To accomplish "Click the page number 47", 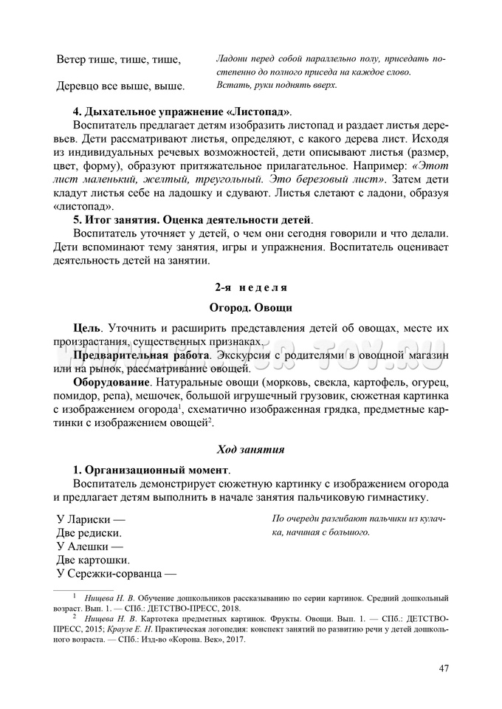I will coord(444,669).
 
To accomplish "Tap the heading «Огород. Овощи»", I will coord(250,306).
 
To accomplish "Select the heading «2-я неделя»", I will coord(250,286).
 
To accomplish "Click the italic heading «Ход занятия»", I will coord(250,448).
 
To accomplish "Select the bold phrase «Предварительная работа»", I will coord(140,355).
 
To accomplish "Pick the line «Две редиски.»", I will coord(89,532).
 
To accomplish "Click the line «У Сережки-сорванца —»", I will coord(117,574).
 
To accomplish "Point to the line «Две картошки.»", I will coord(94,561).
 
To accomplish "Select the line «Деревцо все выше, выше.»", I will coord(120,86).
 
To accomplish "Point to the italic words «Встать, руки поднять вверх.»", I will coord(277,85).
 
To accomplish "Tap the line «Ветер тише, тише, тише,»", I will coord(118,59).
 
